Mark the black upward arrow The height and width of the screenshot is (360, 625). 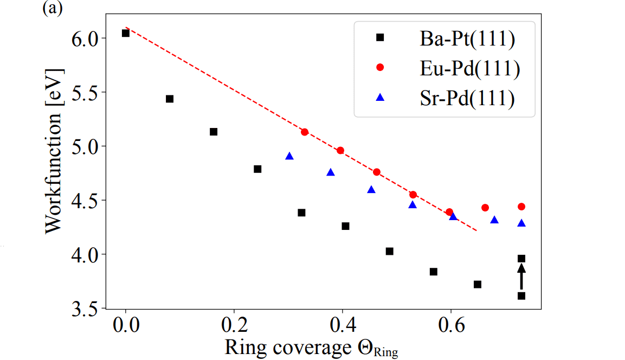pyautogui.click(x=521, y=277)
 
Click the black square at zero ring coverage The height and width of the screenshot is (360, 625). pyautogui.click(x=126, y=33)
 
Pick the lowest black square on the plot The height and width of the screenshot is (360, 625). pyautogui.click(x=521, y=295)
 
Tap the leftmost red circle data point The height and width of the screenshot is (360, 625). pyautogui.click(x=305, y=132)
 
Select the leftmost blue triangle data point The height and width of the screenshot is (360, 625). pyautogui.click(x=289, y=156)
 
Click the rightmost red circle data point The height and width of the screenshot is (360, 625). pyautogui.click(x=521, y=207)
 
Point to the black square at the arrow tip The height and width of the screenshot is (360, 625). pyautogui.click(x=521, y=259)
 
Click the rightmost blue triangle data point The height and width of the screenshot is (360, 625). pyautogui.click(x=521, y=223)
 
